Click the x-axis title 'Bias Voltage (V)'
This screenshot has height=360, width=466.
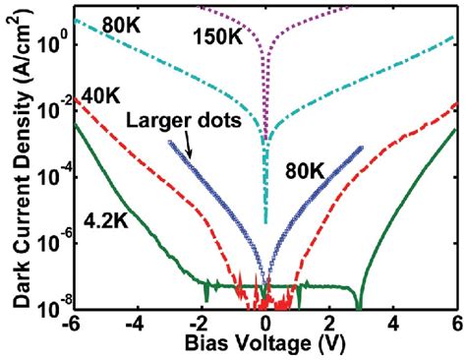(x=263, y=346)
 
